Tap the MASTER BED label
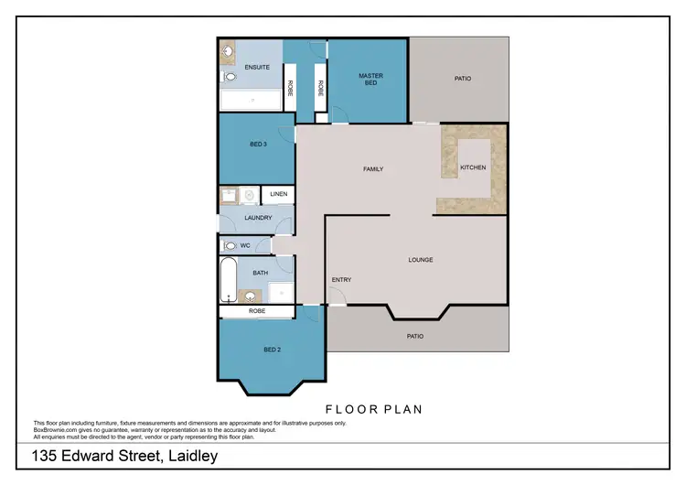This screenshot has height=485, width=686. click(370, 80)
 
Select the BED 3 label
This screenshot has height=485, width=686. click(257, 144)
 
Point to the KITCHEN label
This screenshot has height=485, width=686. click(473, 168)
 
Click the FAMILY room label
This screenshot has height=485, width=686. click(372, 168)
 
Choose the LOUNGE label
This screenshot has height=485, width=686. click(420, 260)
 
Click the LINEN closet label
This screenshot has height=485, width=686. click(278, 195)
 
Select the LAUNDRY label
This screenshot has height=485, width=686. click(258, 217)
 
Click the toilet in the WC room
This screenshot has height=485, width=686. click(230, 245)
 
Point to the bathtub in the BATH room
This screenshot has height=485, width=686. click(229, 280)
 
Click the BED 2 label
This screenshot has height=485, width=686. click(272, 350)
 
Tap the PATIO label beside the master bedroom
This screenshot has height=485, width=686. click(463, 79)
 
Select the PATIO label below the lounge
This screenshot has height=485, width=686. click(415, 336)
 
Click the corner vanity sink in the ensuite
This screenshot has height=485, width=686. click(228, 52)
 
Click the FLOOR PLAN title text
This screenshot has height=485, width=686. click(374, 409)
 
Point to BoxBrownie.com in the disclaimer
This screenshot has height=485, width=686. click(55, 428)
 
